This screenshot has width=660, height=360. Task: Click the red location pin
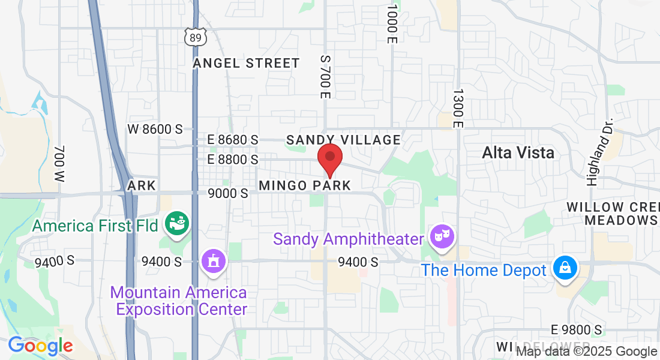[x=329, y=158]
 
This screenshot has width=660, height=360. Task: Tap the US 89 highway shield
[x=196, y=37]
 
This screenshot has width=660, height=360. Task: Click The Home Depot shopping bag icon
[x=565, y=268]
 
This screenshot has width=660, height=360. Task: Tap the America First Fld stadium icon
[x=178, y=224]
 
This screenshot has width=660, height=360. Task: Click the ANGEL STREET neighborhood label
[x=246, y=64]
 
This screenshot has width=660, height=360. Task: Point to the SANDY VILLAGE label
[x=343, y=140]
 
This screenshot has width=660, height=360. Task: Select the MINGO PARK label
[x=305, y=185]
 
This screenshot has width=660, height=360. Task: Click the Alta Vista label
[x=518, y=152]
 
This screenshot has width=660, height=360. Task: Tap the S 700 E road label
[x=325, y=77]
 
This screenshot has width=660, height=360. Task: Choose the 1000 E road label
[x=392, y=24]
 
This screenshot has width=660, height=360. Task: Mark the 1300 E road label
[x=458, y=109]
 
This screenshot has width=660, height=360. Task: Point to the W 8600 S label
[x=155, y=129]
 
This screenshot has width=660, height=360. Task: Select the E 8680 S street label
[x=233, y=140]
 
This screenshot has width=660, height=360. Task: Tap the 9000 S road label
[x=227, y=194]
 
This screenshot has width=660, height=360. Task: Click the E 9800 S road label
[x=576, y=330]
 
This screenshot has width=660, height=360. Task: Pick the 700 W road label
[x=59, y=164]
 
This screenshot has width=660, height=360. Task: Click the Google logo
[x=40, y=346]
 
